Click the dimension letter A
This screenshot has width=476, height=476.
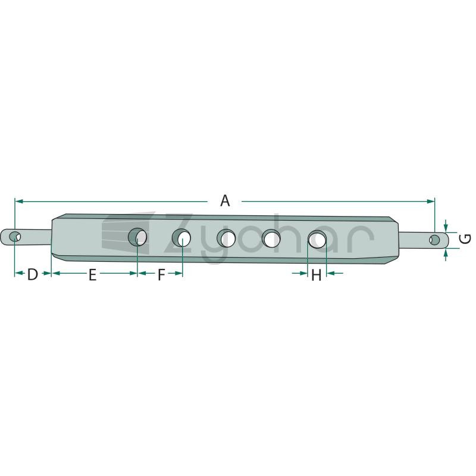tap(225, 201)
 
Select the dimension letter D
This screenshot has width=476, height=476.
tap(32, 274)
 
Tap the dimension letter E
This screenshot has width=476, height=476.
tap(93, 274)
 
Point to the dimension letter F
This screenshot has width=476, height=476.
tap(161, 274)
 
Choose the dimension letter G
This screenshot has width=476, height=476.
tap(465, 239)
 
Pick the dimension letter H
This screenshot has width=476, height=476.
tap(317, 275)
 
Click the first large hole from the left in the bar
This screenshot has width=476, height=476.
tap(137, 237)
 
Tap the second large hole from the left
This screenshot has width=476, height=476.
tap(181, 237)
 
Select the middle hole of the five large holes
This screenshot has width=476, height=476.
tap(227, 238)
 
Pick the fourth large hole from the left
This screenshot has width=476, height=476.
tap(271, 239)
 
